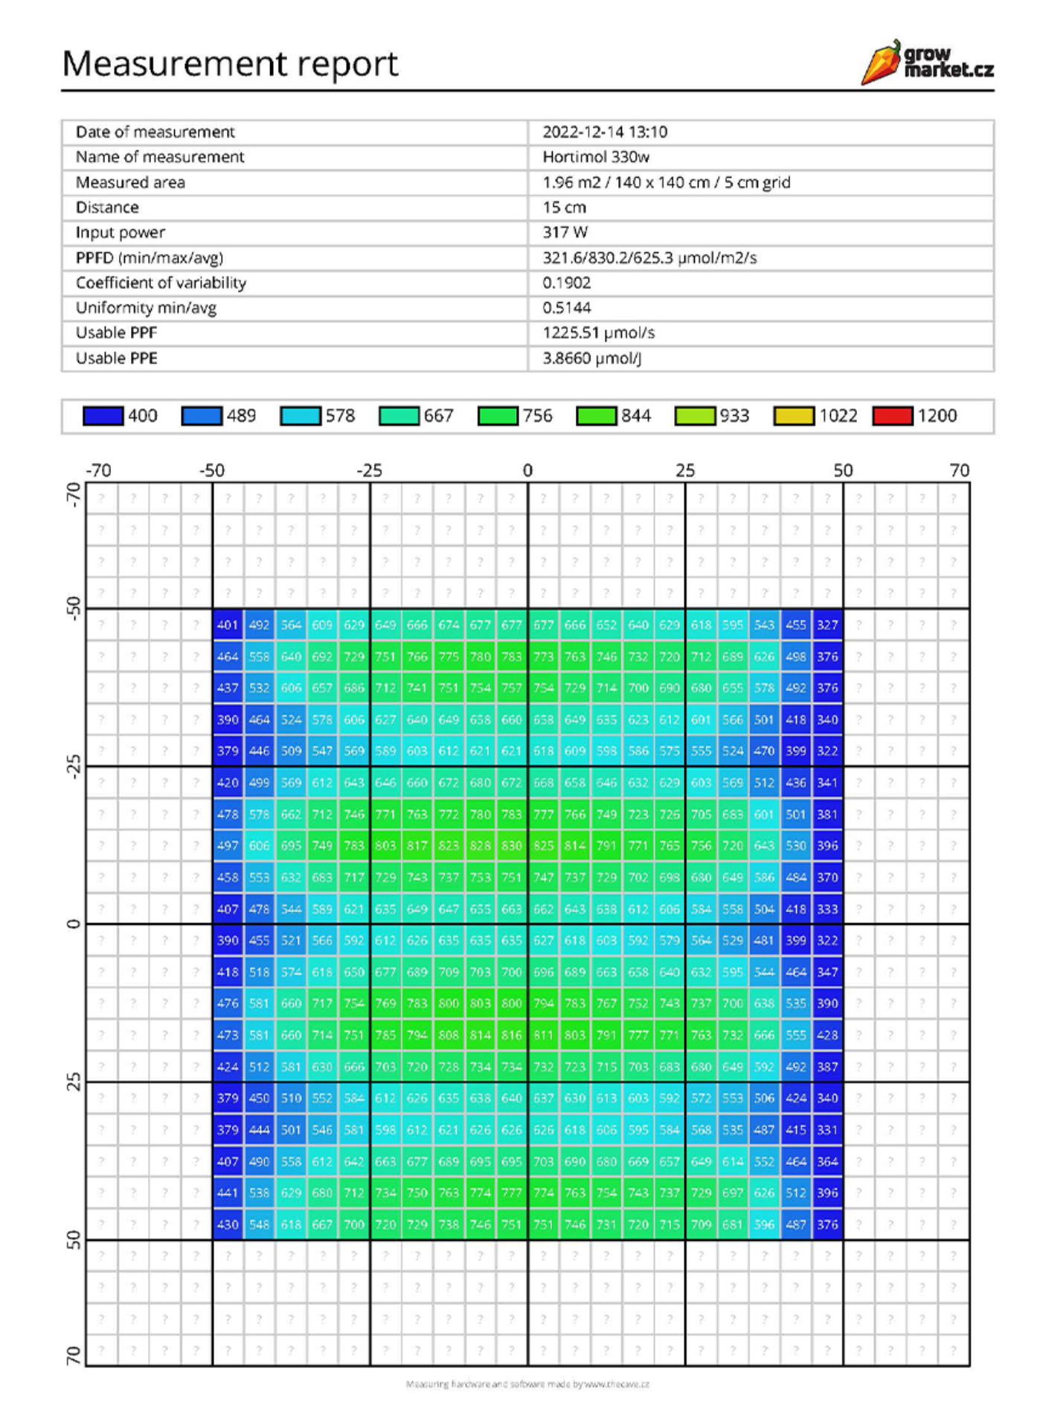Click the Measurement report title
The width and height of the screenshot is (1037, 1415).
point(230,63)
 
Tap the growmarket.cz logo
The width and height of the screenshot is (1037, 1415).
point(928,62)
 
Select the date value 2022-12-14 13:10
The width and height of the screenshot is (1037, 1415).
point(604,132)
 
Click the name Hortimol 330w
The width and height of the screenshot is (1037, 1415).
point(595,157)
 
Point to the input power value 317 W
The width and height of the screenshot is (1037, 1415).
point(565,232)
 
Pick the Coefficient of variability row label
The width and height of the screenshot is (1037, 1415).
point(161,283)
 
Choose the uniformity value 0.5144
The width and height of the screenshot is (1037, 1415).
point(566,308)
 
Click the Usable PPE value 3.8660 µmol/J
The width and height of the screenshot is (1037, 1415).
point(591,358)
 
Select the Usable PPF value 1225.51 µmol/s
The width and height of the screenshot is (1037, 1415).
point(598,333)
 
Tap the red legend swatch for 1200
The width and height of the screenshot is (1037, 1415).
point(892,416)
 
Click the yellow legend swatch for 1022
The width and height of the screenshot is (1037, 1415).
point(793,416)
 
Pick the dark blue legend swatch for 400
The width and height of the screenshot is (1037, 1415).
point(103,416)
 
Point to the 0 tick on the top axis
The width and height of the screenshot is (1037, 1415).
point(527,470)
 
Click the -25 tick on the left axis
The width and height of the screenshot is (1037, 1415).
point(73,766)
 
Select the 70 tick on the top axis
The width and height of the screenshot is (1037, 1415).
point(959,470)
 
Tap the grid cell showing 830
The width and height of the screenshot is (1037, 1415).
point(511,846)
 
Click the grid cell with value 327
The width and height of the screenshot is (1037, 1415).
point(827,625)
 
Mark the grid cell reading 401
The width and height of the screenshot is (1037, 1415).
point(228,625)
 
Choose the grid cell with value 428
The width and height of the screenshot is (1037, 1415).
point(827,1035)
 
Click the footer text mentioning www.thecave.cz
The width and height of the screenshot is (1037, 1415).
point(527,1384)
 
